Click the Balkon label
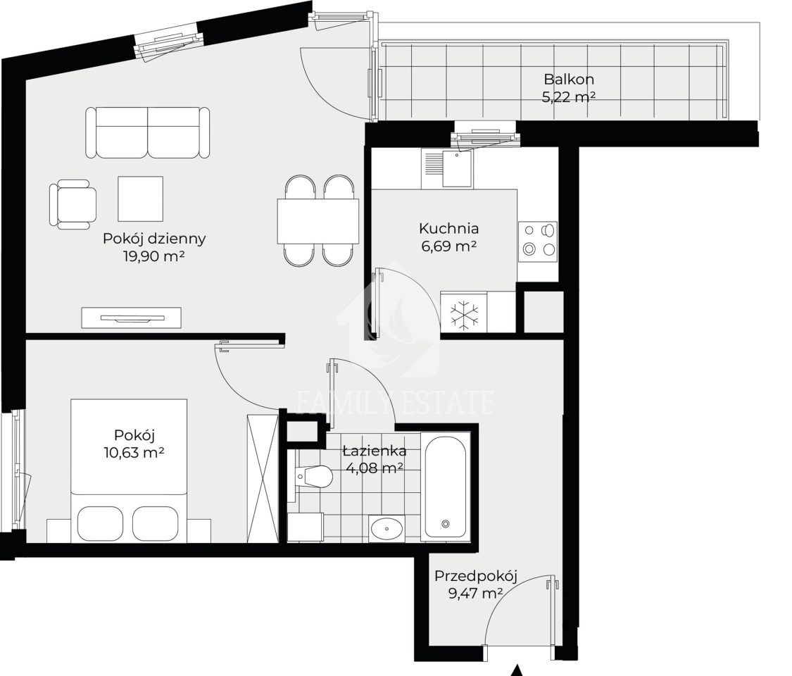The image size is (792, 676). tap(569, 80)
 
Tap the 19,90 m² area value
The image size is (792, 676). tap(154, 256)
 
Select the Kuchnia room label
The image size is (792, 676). tap(449, 228)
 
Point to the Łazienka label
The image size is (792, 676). tap(375, 450)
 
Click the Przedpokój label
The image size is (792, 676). tap(477, 576)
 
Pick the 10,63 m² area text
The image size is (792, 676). tap(134, 453)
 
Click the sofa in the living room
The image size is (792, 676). tap(148, 132)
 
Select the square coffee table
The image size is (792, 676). tap(140, 199)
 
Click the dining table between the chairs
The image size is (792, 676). tap(318, 221)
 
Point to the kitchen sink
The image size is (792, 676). tap(457, 169)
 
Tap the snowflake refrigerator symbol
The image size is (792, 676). tap(464, 316)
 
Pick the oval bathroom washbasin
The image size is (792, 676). tap(386, 529)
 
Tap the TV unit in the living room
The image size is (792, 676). tap(132, 318)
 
